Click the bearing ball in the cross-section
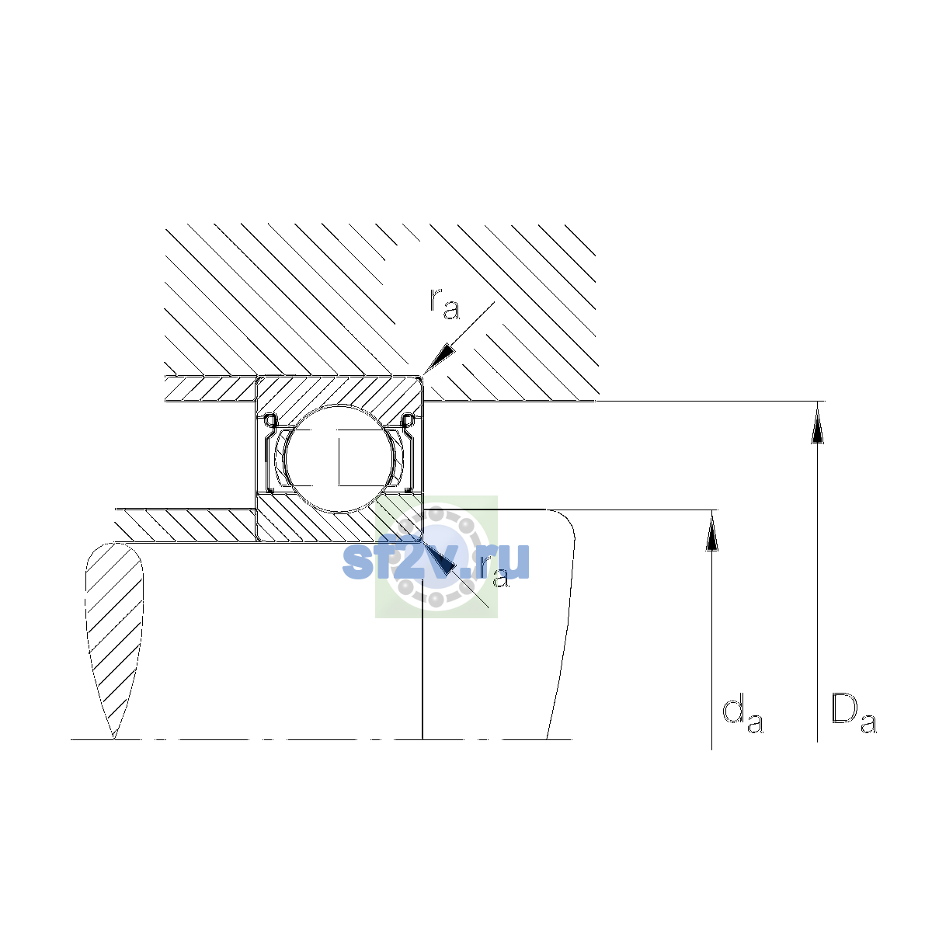click(339, 458)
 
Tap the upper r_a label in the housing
click(444, 304)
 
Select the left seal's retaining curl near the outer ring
click(270, 420)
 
